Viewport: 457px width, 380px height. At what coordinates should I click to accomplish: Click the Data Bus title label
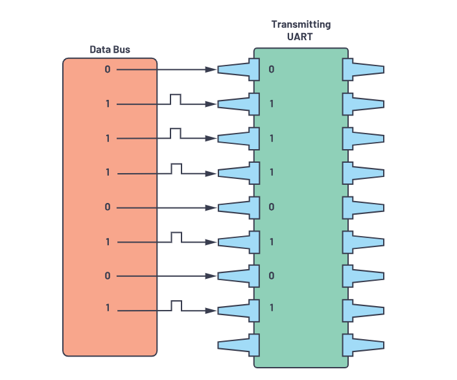[x=110, y=49]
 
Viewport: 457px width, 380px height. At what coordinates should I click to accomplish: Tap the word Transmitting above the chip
[x=300, y=25]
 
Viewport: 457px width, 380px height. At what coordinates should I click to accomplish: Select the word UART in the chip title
[x=300, y=37]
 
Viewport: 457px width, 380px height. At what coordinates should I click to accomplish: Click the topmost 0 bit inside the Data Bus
[x=108, y=69]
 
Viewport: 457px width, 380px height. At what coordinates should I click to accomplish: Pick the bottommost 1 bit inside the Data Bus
[x=108, y=307]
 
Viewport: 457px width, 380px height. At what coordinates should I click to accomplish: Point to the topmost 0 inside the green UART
[x=272, y=69]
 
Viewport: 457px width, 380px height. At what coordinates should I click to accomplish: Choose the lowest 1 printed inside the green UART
[x=272, y=307]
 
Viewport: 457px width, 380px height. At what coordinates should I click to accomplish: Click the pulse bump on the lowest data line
[x=176, y=305]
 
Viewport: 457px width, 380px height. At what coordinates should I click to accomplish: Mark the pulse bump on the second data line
[x=176, y=99]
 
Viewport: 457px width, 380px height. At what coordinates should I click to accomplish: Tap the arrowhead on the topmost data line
[x=211, y=69]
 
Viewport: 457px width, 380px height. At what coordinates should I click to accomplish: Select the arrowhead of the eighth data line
[x=211, y=311]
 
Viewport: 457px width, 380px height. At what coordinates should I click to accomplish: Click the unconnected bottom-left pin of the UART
[x=239, y=344]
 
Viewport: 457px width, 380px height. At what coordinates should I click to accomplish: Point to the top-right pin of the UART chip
[x=363, y=69]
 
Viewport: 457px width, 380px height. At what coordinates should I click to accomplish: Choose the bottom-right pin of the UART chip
[x=363, y=344]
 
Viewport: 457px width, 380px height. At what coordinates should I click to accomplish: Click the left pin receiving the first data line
[x=239, y=69]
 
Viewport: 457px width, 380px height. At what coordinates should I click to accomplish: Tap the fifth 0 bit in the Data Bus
[x=108, y=207]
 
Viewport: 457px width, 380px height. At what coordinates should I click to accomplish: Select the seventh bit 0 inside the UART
[x=272, y=276]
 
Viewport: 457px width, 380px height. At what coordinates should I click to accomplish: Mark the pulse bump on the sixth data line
[x=176, y=237]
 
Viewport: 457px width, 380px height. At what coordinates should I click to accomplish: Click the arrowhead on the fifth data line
[x=211, y=208]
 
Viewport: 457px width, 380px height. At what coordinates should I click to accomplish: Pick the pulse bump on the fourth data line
[x=176, y=168]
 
